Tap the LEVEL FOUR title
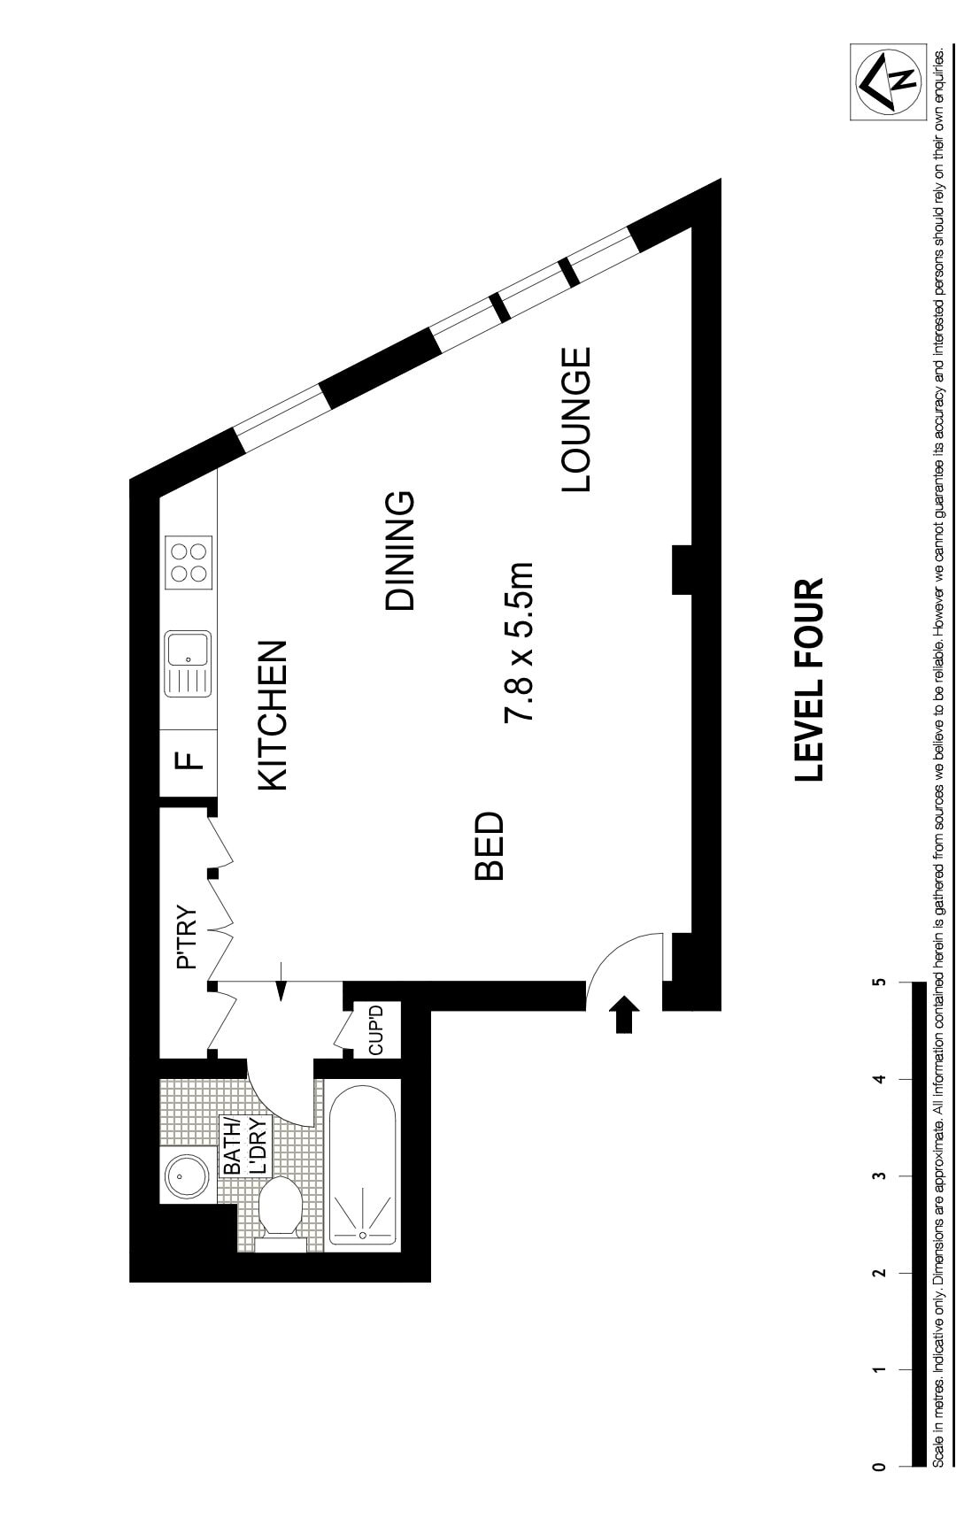coord(809,680)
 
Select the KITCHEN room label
coord(273,715)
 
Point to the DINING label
coord(400,551)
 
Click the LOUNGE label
coord(575,420)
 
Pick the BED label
coord(489,846)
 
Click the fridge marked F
coord(189,760)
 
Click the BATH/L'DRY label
coord(245,1146)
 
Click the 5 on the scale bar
coord(879,983)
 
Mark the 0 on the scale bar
coord(879,1467)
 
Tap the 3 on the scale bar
coord(879,1176)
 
